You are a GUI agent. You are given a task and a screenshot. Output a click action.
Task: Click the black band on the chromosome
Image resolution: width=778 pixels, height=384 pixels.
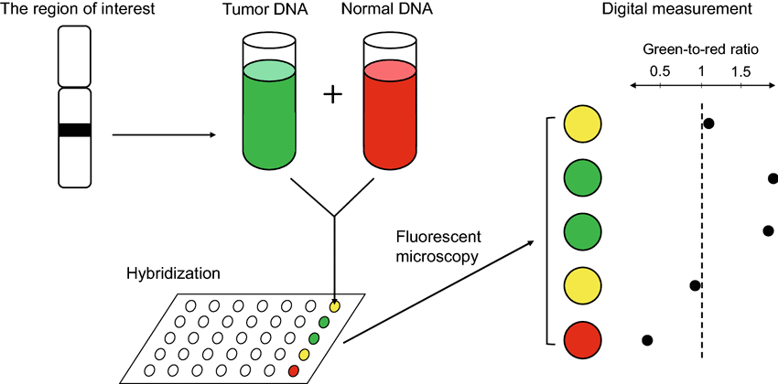74,130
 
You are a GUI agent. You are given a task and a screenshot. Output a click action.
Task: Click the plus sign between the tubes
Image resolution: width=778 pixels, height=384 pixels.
333,97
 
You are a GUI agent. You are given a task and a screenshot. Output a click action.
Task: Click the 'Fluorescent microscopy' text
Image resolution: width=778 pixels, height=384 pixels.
438,246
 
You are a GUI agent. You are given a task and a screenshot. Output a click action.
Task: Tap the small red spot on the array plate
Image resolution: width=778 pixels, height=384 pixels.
294,370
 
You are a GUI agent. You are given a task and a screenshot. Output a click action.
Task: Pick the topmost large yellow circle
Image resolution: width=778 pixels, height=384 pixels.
582,123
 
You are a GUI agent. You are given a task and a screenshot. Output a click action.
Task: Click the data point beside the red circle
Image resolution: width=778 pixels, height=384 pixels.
647,340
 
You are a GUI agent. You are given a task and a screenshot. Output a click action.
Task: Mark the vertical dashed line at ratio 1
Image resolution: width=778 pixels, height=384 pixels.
701,229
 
